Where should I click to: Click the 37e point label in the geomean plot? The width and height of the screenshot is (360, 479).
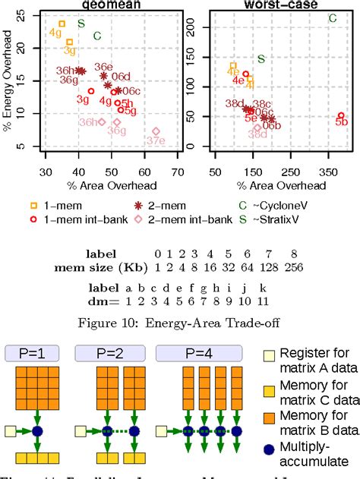pos(156,141)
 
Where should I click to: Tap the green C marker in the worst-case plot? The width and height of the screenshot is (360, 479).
pos(333,17)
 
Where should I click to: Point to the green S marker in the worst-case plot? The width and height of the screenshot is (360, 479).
pos(261,58)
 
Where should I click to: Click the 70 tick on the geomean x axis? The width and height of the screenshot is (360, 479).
pos(178,169)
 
